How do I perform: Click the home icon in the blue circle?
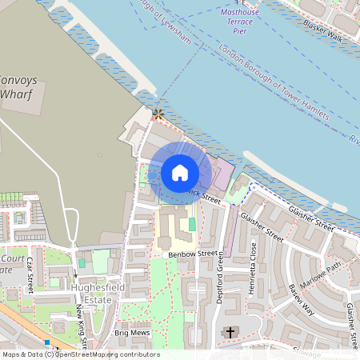click(x=180, y=172)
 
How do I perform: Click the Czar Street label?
click(x=30, y=275)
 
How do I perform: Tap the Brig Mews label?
click(x=133, y=333)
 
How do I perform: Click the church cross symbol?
click(x=230, y=332)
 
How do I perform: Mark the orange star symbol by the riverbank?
click(x=158, y=114)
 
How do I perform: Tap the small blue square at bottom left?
click(x=47, y=342)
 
